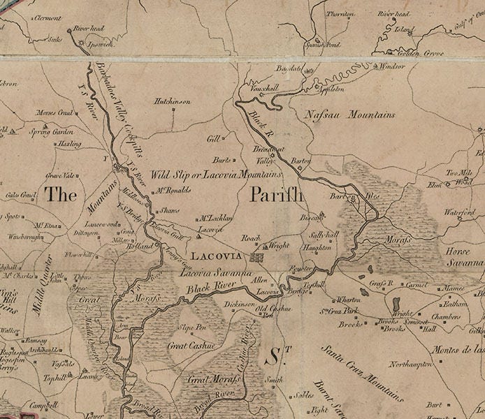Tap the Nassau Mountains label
[349, 115]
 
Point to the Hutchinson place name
[172, 101]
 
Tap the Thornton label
[340, 14]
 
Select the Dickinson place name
[239, 304]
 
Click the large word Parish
[277, 194]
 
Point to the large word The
[61, 195]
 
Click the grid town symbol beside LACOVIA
[257, 257]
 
